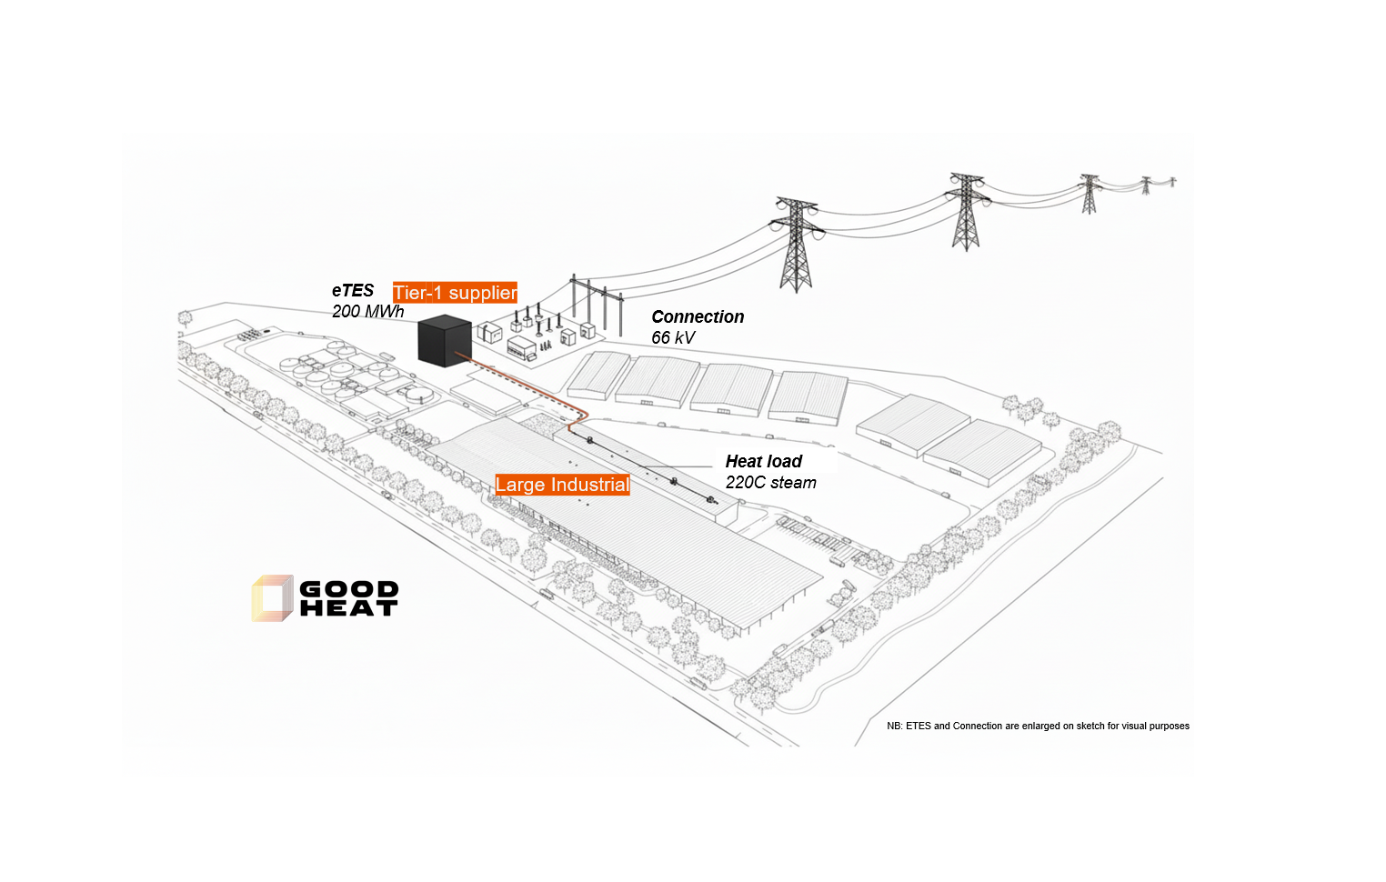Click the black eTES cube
tap(444, 340)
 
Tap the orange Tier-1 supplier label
tap(455, 293)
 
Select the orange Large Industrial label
tap(562, 485)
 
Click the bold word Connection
tap(698, 316)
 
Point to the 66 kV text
tap(673, 338)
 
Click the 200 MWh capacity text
tap(367, 312)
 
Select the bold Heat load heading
tap(764, 461)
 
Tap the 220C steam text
tap(771, 483)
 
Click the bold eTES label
tap(353, 291)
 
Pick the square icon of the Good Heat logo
tap(272, 598)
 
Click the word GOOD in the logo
tap(349, 589)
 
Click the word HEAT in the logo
tap(349, 608)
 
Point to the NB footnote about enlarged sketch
tap(1038, 726)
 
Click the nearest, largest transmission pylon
tap(796, 244)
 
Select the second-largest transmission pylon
tap(966, 211)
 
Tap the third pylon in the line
tap(1089, 193)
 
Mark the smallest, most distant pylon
tap(1146, 185)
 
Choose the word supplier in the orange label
tap(482, 293)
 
